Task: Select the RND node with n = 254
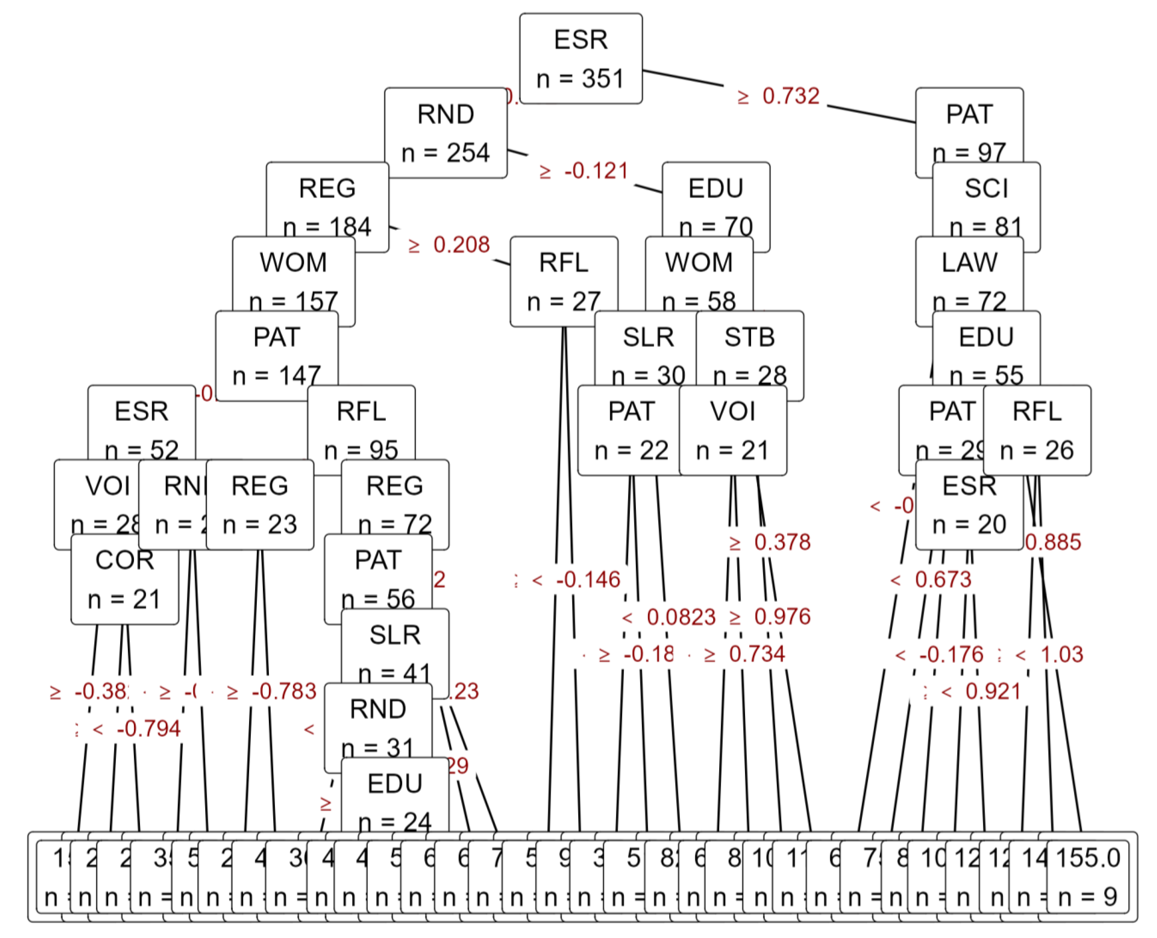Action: tap(446, 132)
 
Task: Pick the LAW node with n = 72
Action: tap(969, 281)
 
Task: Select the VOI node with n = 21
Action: tap(733, 430)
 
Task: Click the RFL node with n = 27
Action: tap(564, 281)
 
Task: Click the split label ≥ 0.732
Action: tap(778, 96)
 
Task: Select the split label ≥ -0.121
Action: tap(584, 171)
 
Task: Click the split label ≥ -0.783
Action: tap(271, 691)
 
